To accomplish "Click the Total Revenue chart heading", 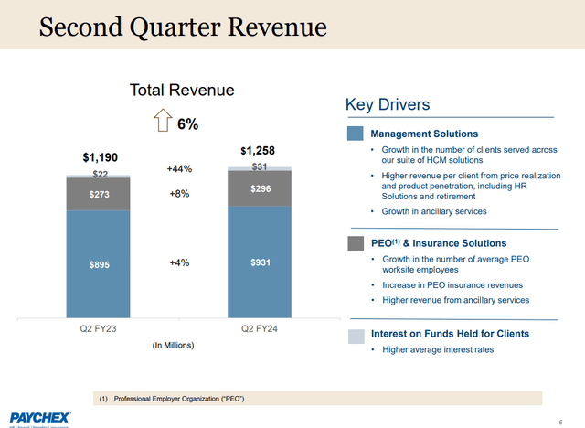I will point(182,90).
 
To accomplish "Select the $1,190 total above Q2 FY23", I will point(101,157).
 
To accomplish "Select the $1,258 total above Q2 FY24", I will point(258,150).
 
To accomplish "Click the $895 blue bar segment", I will point(99,263).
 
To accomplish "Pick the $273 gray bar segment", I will point(99,194).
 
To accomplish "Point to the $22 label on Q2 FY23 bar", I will point(100,174).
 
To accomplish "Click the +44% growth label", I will point(179,169).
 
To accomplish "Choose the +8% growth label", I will point(179,194).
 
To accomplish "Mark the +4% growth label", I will point(179,263).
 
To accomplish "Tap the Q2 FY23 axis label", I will point(99,328).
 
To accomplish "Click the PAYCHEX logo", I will point(40,417).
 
